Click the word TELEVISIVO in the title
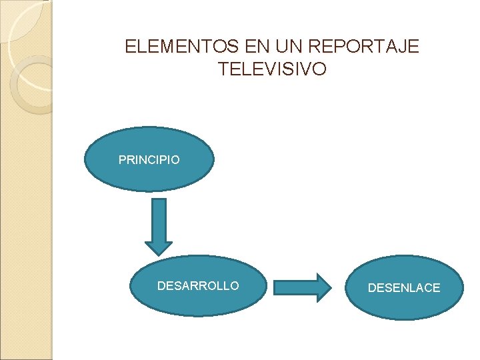tap(272, 69)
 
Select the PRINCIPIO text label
tap(149, 160)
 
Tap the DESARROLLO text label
tap(197, 286)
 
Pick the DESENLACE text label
tap(404, 288)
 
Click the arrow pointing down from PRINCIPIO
tap(159, 227)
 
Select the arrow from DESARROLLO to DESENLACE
tap(303, 287)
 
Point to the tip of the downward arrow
tap(159, 253)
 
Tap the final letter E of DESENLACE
tap(436, 288)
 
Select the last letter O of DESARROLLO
tap(234, 286)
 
